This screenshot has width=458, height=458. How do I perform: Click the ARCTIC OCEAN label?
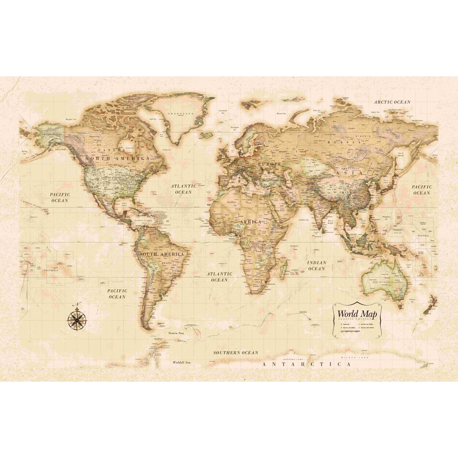click(392, 102)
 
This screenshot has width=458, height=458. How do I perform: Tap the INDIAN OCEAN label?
click(316, 266)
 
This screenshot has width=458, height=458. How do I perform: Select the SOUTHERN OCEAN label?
click(235, 353)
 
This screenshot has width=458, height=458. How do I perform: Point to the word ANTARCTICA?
click(307, 364)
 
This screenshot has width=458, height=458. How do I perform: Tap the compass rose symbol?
click(77, 319)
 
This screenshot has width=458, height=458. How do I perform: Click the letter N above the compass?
click(77, 304)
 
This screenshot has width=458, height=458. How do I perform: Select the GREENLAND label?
click(181, 114)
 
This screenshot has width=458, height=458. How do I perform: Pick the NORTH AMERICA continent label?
click(117, 158)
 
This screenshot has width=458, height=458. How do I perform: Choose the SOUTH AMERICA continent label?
click(162, 254)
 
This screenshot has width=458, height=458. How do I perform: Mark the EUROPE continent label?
click(270, 164)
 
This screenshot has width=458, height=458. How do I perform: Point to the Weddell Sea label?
click(182, 363)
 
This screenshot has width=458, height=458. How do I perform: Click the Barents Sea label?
click(281, 114)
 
